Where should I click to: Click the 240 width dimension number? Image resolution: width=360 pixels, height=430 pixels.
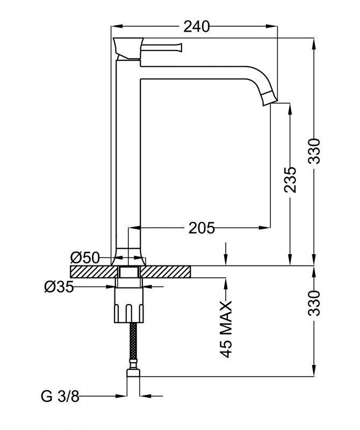(x=196, y=26)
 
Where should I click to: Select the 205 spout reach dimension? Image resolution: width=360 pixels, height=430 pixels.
(x=201, y=228)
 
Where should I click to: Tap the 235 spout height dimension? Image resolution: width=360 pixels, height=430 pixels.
(x=290, y=180)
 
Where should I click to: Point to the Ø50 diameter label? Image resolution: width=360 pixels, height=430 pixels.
(x=85, y=257)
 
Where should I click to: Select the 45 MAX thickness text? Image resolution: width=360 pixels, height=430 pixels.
(x=226, y=329)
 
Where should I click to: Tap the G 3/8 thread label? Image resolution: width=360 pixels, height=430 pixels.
(x=60, y=397)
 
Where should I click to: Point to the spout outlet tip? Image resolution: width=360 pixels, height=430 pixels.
(x=269, y=99)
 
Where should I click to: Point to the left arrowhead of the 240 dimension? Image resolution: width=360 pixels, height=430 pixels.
(x=114, y=26)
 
